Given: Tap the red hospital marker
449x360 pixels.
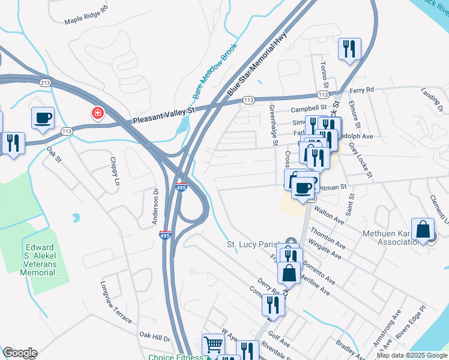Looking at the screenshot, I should [96, 113].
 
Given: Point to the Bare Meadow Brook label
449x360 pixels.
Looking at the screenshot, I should [211, 74].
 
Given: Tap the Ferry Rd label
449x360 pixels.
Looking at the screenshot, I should [361, 89].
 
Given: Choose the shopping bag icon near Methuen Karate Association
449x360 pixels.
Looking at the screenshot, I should [423, 229].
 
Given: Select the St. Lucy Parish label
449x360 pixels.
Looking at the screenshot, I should [254, 244].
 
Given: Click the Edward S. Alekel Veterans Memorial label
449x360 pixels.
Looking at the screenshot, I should [43, 259].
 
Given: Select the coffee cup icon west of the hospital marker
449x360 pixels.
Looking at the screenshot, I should [43, 118].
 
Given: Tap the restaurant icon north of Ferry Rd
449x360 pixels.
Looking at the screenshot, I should [349, 49].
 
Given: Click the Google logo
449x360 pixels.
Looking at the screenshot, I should [20, 352].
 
